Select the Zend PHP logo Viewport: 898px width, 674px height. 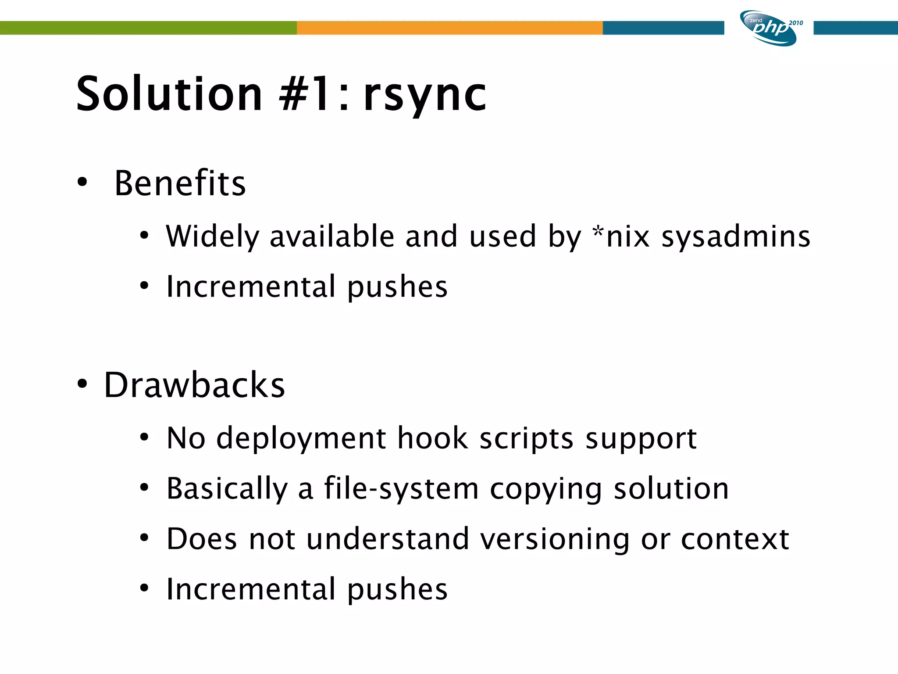[x=769, y=28]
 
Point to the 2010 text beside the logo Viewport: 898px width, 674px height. [x=796, y=23]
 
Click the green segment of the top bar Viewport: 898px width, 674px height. [x=148, y=28]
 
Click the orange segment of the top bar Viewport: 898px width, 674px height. [x=449, y=28]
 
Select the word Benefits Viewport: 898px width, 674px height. [x=180, y=183]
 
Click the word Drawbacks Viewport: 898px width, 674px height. [x=194, y=385]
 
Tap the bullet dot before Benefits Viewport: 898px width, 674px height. [x=82, y=183]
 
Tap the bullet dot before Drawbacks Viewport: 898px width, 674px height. [x=82, y=384]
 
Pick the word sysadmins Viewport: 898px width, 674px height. [x=736, y=237]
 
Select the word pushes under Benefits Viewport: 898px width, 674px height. [x=397, y=287]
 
